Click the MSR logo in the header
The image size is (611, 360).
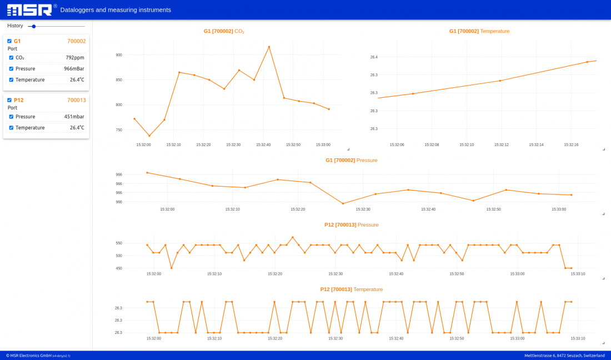click(x=30, y=9)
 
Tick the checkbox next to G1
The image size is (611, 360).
click(x=9, y=41)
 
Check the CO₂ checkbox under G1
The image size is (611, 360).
click(x=11, y=58)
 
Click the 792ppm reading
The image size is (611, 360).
click(x=75, y=58)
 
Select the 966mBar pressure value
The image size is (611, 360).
click(x=74, y=69)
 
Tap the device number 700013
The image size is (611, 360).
click(x=77, y=100)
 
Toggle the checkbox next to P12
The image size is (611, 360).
click(x=9, y=100)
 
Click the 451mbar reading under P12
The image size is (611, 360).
click(x=74, y=117)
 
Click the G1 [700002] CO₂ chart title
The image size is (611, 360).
click(x=224, y=32)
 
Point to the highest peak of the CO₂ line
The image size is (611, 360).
click(x=269, y=47)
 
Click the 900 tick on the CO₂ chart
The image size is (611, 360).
click(x=119, y=55)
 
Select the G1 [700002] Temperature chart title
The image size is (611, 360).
click(x=479, y=32)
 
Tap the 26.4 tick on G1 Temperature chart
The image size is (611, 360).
click(x=374, y=57)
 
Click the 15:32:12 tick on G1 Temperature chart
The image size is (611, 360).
click(x=502, y=145)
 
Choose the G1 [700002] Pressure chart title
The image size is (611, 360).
click(x=351, y=161)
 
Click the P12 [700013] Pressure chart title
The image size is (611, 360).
click(x=351, y=225)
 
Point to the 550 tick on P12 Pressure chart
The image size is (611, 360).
click(x=119, y=243)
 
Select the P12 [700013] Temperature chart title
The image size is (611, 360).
click(x=351, y=289)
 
